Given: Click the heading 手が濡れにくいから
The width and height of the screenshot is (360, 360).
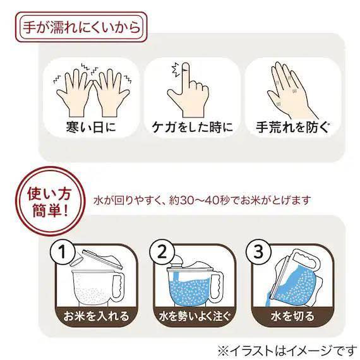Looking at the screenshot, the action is pos(81,27).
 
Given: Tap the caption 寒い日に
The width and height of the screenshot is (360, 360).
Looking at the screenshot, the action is pos(91,127).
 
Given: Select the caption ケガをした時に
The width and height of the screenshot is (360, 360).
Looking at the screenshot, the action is pos(192,127).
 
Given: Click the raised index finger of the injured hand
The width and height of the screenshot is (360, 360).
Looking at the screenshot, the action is pos(186,73).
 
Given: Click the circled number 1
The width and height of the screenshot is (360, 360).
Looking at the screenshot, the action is pos(63,252).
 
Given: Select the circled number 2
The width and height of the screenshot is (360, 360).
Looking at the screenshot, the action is pos(162,252).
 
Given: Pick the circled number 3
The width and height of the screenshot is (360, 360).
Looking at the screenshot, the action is pos(258,252).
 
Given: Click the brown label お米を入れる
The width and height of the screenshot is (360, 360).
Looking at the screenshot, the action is pos(97,316).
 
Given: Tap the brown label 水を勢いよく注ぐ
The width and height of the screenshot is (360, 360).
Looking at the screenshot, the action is pos(195,316).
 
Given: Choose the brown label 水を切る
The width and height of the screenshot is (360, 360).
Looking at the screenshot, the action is pos(292,316).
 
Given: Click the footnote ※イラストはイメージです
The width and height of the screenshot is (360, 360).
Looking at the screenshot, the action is pos(287,351).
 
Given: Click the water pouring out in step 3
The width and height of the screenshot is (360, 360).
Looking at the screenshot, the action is pos(268,301).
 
